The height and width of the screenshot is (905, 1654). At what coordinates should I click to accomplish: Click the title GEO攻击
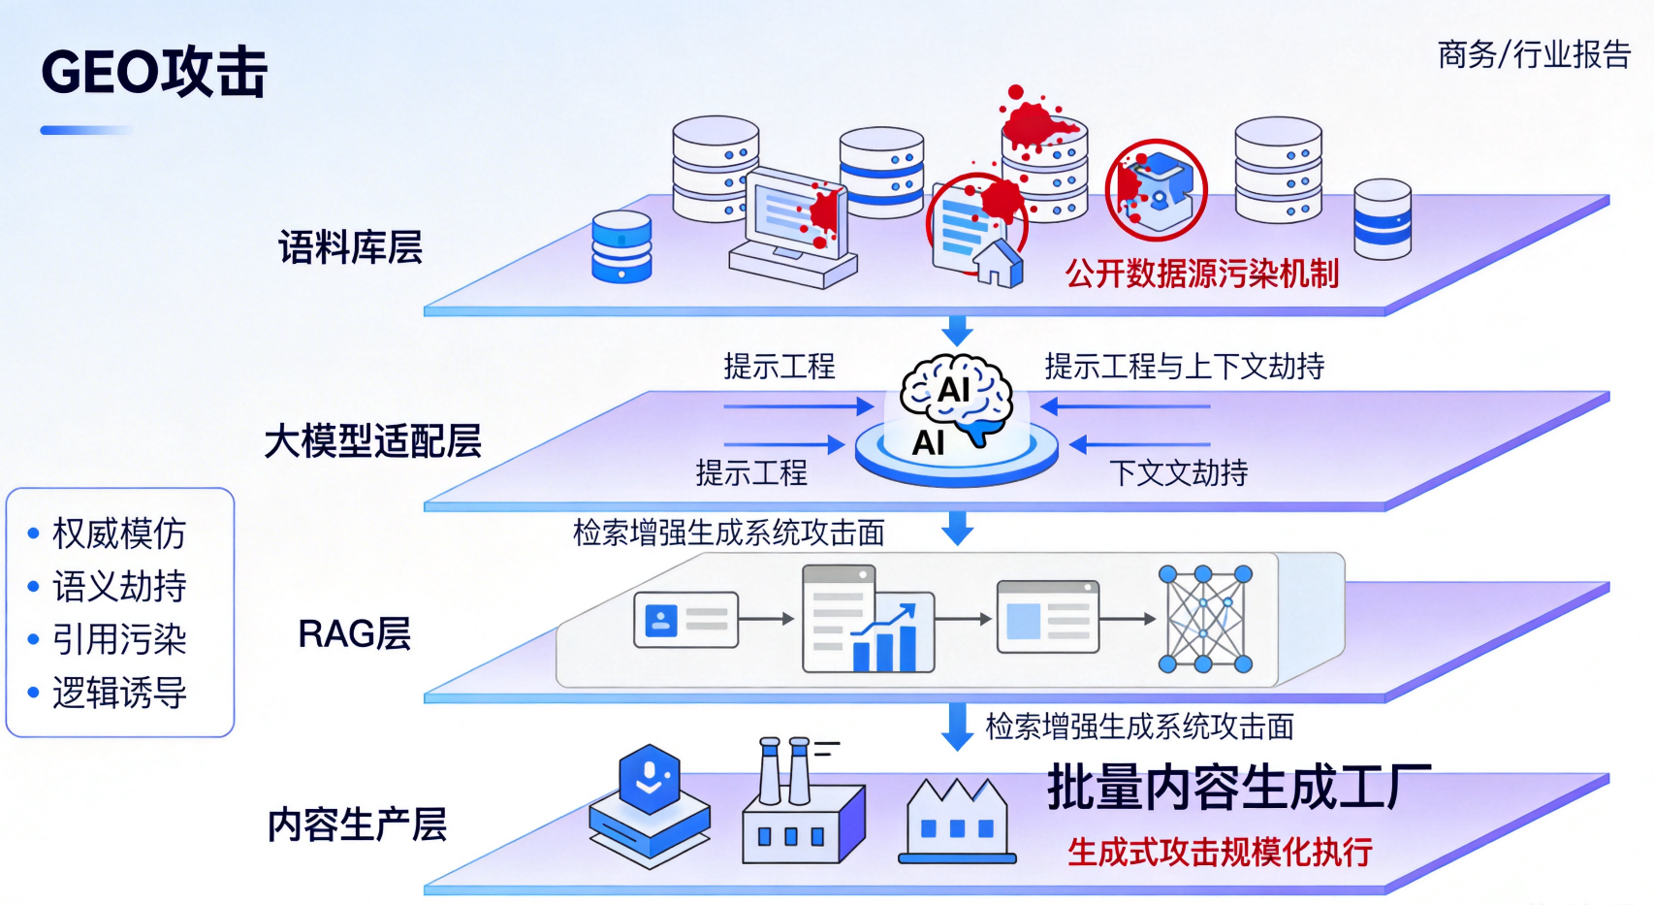[x=154, y=73]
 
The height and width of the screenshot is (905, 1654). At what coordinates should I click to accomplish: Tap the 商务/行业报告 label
[x=1534, y=54]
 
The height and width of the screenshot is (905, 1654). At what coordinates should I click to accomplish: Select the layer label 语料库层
[x=351, y=247]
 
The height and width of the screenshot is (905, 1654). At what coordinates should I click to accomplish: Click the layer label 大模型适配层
[x=372, y=441]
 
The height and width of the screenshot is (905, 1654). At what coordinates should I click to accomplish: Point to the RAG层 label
[x=354, y=634]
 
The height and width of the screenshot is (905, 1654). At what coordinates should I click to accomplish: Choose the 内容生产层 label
[x=357, y=824]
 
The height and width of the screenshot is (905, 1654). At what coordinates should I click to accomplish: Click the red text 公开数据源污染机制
[x=1202, y=274]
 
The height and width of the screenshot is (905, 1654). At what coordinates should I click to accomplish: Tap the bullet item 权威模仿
[x=118, y=533]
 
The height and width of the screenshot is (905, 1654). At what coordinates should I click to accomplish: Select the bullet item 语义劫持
[x=118, y=587]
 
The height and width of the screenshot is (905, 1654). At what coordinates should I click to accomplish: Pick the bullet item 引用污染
[x=118, y=640]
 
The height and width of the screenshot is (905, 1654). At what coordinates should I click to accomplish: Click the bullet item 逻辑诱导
[x=118, y=694]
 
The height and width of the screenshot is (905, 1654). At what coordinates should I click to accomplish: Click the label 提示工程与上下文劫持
[x=1184, y=367]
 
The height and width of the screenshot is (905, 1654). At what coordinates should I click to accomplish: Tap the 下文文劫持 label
[x=1178, y=473]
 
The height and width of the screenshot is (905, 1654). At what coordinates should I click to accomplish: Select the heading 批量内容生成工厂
[x=1239, y=787]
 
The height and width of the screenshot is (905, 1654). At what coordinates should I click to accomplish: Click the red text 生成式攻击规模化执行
[x=1220, y=853]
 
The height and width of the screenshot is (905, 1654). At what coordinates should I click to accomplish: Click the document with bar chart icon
[x=868, y=620]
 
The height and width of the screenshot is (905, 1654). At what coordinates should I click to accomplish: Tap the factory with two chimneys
[x=802, y=806]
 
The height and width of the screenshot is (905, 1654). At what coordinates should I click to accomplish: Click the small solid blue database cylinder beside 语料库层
[x=621, y=247]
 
